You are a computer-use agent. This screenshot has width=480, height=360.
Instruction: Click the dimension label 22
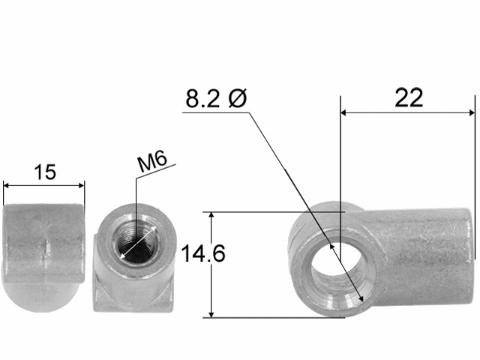(x=409, y=97)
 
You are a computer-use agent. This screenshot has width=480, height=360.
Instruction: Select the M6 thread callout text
(x=152, y=161)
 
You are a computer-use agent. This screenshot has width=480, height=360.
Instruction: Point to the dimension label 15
(x=45, y=172)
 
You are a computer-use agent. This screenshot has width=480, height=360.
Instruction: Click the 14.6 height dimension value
(x=203, y=253)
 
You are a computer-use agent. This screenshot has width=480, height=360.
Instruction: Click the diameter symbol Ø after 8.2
(x=238, y=98)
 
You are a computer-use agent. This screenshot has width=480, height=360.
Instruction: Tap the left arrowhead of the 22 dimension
(x=343, y=113)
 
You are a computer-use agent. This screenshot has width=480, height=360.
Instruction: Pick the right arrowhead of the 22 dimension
(x=472, y=113)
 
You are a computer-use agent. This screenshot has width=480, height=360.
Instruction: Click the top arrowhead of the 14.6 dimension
(x=211, y=214)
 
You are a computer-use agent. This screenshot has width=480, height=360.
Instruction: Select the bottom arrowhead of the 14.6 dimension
(x=211, y=314)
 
